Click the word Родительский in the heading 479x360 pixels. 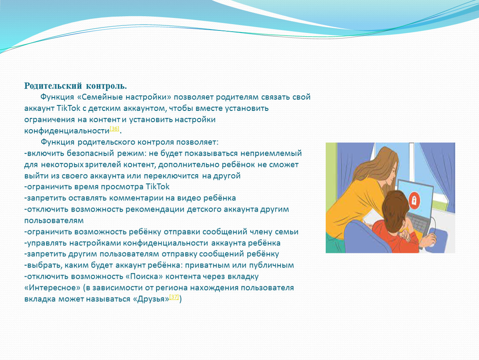[53, 86]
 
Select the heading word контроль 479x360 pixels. [106, 86]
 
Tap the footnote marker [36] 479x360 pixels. [114, 129]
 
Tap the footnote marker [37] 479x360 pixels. [174, 297]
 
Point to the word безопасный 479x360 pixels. [90, 153]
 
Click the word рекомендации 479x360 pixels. [155, 209]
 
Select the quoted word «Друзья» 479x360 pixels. [151, 299]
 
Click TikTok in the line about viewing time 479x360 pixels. [157, 187]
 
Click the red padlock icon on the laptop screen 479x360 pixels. [414, 200]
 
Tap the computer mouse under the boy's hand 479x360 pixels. [431, 240]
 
